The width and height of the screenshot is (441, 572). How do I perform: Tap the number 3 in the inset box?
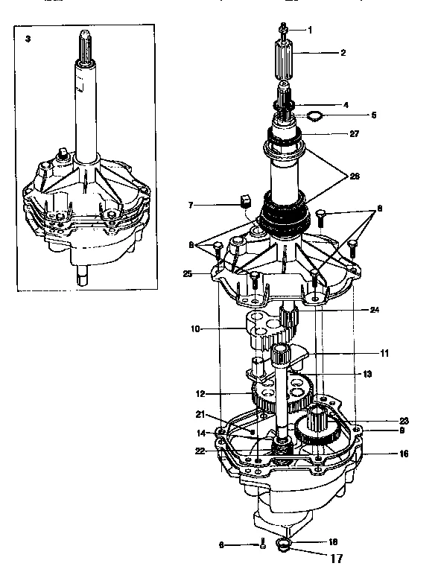pyautogui.click(x=28, y=39)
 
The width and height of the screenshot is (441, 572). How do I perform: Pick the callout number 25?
pyautogui.click(x=188, y=274)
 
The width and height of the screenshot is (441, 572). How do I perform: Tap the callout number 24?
pyautogui.click(x=364, y=310)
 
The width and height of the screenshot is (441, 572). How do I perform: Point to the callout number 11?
pyautogui.click(x=363, y=353)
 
